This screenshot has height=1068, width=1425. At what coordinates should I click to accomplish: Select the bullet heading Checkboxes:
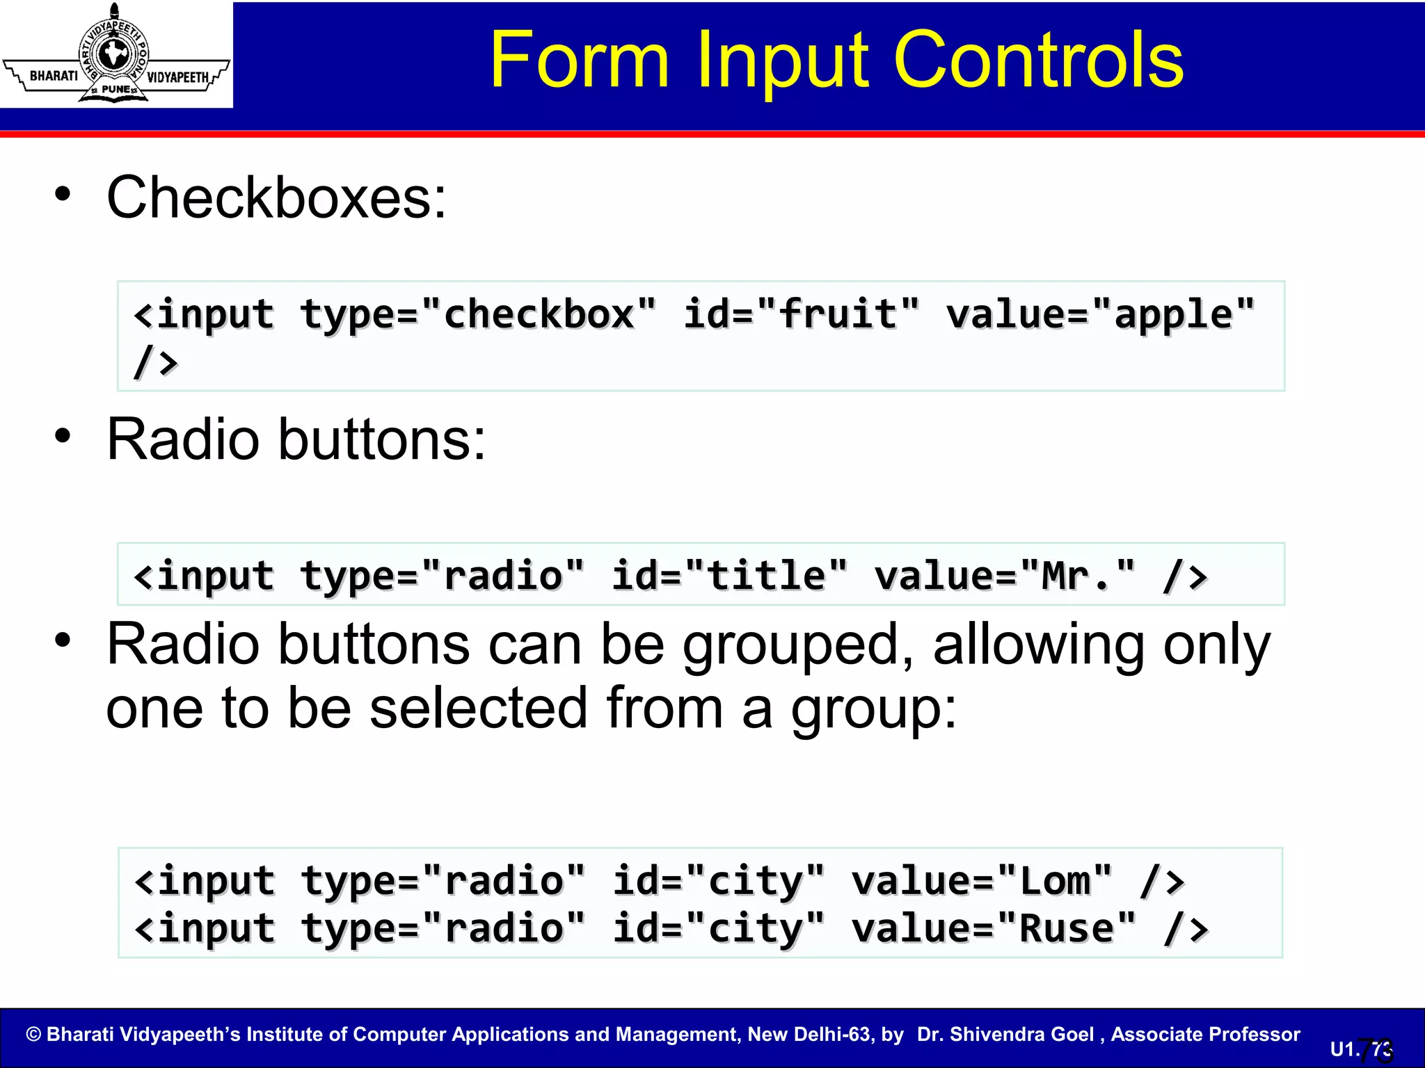[x=276, y=198]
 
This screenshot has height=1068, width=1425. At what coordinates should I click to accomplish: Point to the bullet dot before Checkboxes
[x=63, y=194]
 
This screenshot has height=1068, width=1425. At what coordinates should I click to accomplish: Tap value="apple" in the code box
[x=1100, y=315]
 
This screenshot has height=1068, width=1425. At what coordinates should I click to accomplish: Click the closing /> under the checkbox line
[x=156, y=362]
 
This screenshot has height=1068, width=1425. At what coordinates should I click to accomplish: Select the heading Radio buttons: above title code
[x=296, y=440]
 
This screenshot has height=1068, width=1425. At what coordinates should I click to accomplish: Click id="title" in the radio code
[x=730, y=576]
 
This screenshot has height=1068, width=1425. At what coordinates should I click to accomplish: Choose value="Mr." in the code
[x=1005, y=576]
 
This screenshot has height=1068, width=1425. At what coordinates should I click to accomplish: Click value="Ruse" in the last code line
[x=994, y=929]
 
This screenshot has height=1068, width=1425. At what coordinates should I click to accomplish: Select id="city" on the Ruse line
[x=719, y=929]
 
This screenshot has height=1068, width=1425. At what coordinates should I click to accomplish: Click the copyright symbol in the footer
[x=33, y=1035]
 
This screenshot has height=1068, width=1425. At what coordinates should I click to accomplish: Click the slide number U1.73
[x=1362, y=1049]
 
